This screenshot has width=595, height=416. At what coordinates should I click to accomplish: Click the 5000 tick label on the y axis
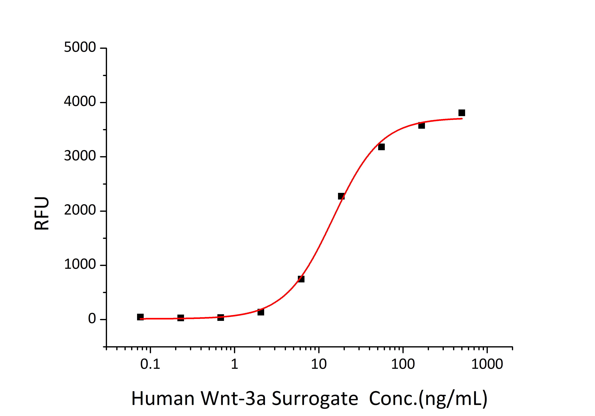click(80, 48)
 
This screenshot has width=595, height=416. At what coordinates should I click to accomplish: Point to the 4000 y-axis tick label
click(80, 102)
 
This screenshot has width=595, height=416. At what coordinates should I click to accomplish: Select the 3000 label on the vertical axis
click(80, 156)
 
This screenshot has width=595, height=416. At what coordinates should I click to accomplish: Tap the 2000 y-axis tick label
click(80, 210)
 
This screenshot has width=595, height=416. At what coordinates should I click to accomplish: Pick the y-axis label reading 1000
click(80, 264)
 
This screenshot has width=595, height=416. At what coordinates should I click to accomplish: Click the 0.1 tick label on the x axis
click(150, 364)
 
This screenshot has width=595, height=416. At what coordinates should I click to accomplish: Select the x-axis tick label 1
click(234, 364)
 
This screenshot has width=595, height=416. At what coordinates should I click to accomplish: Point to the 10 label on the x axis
click(319, 364)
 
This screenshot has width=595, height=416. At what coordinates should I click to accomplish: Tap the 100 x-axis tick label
click(403, 364)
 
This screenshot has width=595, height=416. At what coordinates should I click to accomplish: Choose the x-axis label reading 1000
click(487, 364)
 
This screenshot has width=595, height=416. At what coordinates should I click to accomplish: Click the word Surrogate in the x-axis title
click(315, 399)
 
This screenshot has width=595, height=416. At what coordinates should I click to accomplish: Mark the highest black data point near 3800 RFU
click(462, 113)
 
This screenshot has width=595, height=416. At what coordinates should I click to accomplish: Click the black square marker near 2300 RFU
click(341, 196)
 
